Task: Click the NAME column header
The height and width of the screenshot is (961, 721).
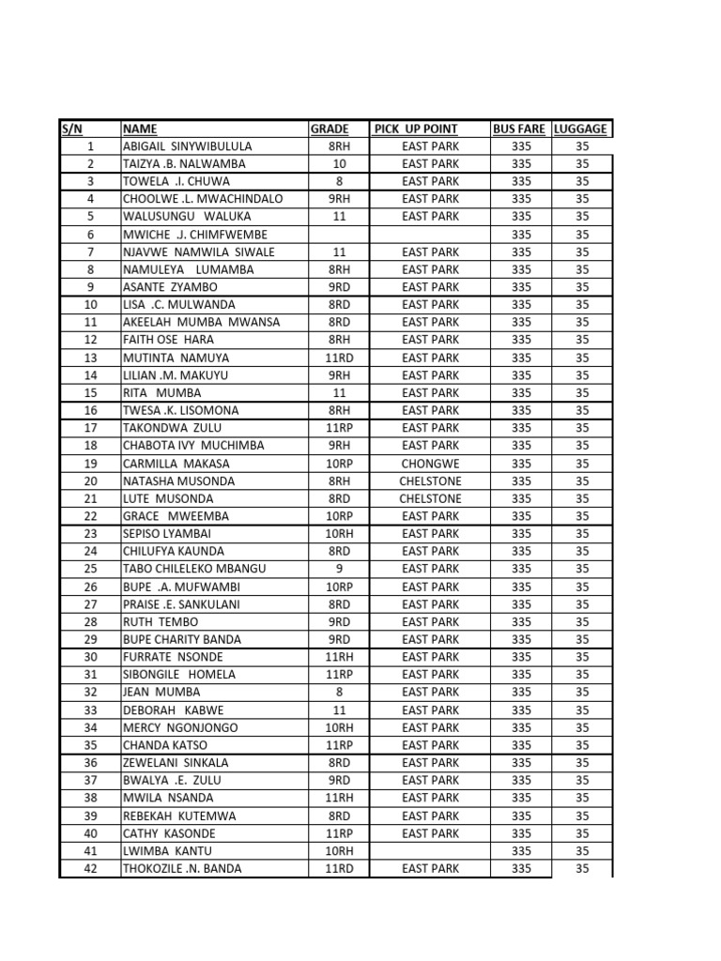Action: click(140, 129)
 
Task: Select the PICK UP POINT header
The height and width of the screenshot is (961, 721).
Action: click(416, 129)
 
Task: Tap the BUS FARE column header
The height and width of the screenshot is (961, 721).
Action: click(518, 129)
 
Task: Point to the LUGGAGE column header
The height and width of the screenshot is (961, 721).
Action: click(580, 129)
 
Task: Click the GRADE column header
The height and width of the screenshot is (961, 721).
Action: click(330, 129)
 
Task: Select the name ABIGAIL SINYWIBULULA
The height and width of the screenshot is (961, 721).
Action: click(187, 146)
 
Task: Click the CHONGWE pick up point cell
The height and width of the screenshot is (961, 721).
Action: click(430, 464)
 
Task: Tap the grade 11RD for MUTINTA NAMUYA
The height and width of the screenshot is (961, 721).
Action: click(339, 358)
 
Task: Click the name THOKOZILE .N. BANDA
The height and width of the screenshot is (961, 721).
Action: click(182, 869)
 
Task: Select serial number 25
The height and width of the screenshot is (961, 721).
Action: click(90, 569)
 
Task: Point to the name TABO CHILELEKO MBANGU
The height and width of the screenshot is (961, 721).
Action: click(194, 569)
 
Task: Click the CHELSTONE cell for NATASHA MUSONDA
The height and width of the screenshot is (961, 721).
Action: click(430, 480)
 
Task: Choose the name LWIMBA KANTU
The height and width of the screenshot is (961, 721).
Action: click(161, 851)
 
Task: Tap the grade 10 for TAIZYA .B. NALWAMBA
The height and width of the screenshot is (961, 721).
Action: click(339, 163)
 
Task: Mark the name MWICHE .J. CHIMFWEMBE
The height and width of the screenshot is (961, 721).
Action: click(194, 235)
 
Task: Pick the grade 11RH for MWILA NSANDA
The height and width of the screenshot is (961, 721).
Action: click(339, 798)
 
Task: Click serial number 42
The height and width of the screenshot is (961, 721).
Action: click(90, 869)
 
